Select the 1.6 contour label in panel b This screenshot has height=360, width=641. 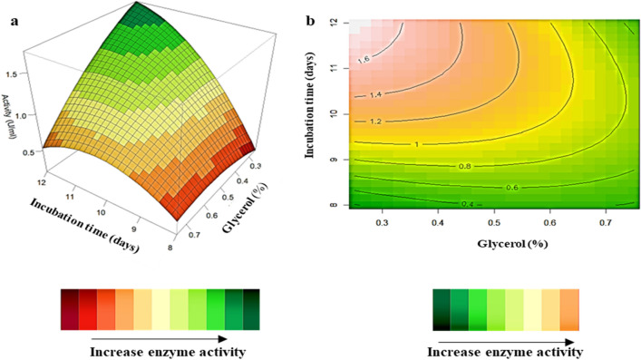365,59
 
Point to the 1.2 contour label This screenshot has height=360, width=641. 376,121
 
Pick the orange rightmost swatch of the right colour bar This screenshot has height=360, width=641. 568,305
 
